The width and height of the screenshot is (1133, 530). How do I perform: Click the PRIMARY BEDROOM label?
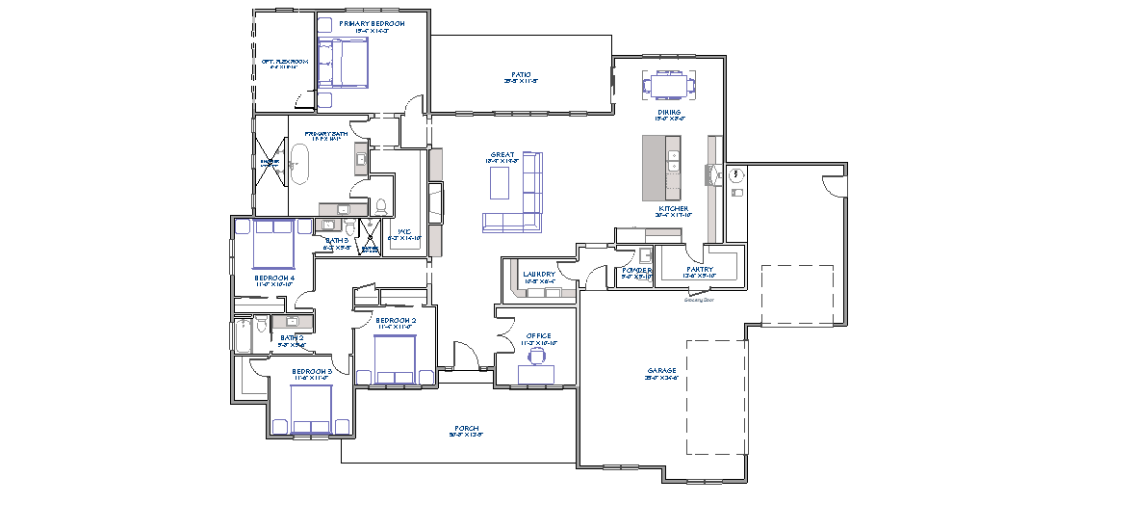(372, 23)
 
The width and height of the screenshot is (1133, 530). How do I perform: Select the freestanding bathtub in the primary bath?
(298, 165)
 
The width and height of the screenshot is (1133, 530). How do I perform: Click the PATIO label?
(521, 74)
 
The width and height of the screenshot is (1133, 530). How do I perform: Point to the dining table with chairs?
(669, 86)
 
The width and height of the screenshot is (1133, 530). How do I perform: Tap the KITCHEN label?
(674, 209)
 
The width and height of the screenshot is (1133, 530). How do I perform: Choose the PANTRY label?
(700, 270)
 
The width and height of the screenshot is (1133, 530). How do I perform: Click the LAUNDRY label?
(539, 275)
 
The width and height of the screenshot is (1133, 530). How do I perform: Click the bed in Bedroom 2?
(396, 359)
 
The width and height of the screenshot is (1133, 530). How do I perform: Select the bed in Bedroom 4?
(273, 244)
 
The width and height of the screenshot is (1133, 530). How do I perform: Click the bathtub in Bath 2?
(242, 336)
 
